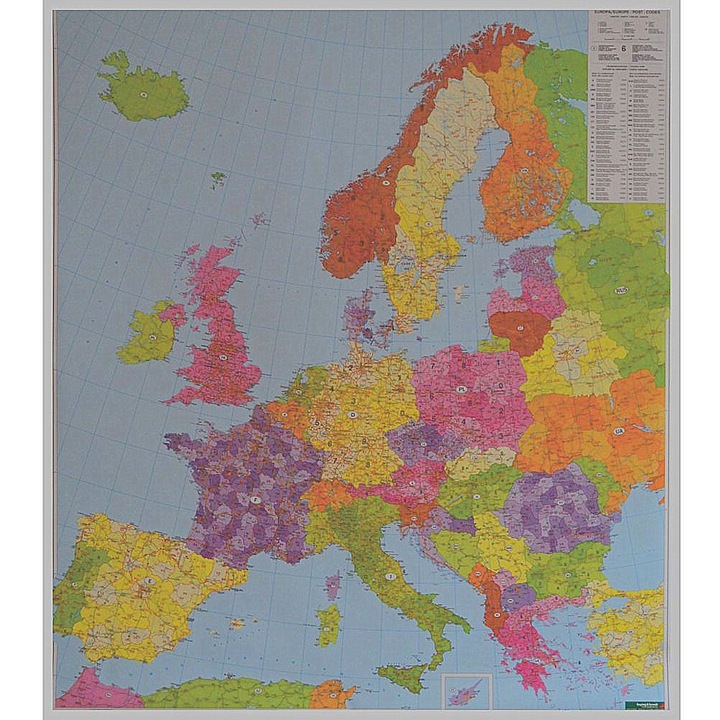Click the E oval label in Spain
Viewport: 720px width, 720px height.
pyautogui.click(x=151, y=581)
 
